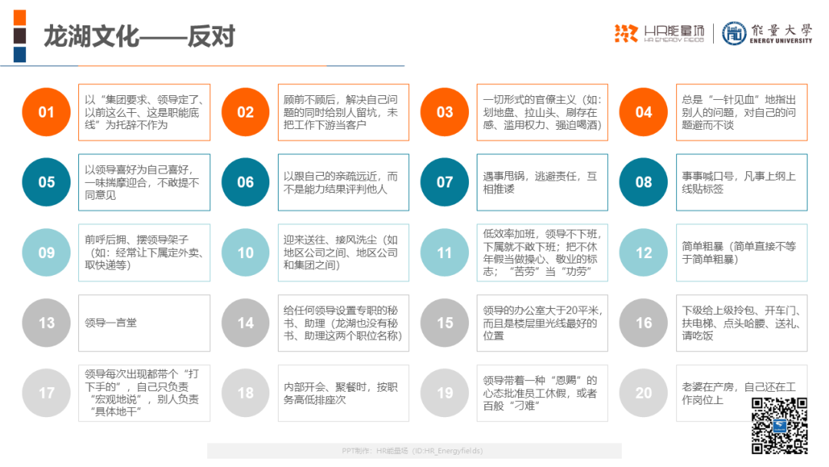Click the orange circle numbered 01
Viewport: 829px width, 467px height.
point(47,112)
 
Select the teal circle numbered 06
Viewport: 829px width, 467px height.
point(246,182)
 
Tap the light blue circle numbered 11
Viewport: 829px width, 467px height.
point(444,252)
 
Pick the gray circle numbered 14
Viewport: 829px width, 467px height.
point(246,323)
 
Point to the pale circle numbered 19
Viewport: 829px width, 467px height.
point(444,393)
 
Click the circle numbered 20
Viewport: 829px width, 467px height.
point(643,393)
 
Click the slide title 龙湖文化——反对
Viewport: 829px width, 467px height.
point(139,37)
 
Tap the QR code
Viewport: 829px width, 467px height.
point(779,426)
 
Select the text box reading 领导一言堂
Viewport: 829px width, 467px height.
point(144,323)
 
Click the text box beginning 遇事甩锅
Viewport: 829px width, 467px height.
point(543,183)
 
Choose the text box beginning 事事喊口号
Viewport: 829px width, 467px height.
point(741,183)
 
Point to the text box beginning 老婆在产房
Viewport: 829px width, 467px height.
point(741,393)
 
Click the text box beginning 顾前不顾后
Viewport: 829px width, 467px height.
point(344,112)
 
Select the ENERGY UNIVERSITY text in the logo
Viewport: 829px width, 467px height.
point(781,41)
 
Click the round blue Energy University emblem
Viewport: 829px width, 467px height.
point(735,33)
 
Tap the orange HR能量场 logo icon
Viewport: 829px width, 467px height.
point(626,33)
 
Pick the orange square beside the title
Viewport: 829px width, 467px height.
point(19,18)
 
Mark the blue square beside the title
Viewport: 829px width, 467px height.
point(19,55)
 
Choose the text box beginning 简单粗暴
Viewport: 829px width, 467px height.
point(741,252)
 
